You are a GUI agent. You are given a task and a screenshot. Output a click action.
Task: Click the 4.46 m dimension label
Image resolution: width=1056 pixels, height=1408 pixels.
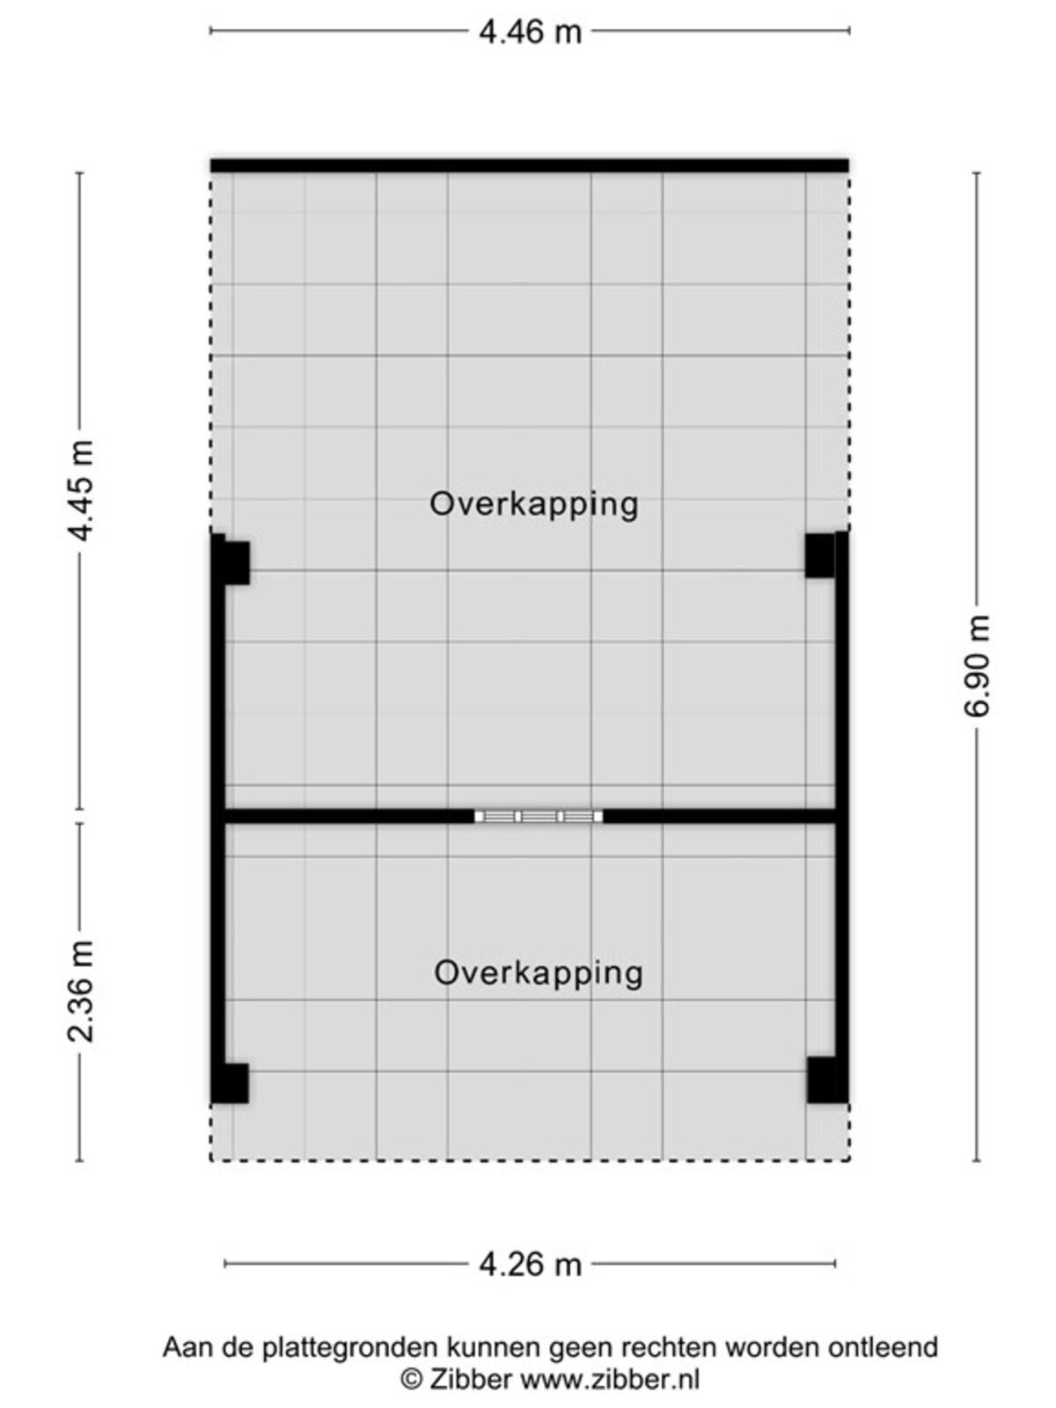point(531,32)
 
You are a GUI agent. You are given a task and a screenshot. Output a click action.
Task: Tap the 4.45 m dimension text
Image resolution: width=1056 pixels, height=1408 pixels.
point(82,491)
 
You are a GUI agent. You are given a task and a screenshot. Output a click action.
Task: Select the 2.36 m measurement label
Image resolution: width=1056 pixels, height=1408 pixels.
point(82,992)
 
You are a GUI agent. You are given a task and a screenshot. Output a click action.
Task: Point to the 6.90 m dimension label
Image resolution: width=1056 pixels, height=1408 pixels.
point(977,665)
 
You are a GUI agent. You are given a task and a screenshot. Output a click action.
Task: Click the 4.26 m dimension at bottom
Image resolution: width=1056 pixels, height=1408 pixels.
point(531,1265)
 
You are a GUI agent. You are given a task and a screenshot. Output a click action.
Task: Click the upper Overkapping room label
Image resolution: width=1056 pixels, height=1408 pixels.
point(534,505)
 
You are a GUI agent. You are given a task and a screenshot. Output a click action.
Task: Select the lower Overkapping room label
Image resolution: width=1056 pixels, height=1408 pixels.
point(539,974)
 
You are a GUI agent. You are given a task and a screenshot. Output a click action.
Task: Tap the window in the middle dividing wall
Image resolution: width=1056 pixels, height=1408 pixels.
point(539,817)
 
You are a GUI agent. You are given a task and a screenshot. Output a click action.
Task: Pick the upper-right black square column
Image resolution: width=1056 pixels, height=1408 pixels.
point(821,555)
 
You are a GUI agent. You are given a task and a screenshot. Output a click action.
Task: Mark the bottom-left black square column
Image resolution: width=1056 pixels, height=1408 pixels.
point(231,1084)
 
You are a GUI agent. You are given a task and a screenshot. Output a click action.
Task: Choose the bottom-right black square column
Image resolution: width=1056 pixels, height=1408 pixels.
point(827,1081)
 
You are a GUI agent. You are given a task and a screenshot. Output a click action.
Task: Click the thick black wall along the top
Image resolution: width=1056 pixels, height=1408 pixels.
point(530,165)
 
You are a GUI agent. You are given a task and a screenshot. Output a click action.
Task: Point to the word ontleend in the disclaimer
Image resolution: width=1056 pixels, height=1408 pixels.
point(883,1346)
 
